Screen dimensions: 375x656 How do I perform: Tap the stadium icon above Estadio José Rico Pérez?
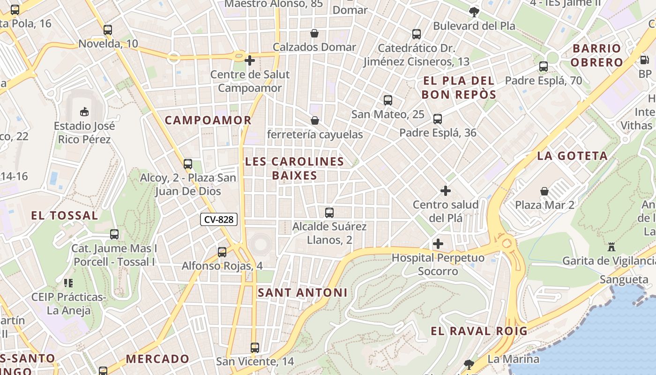pyautogui.click(x=84, y=112)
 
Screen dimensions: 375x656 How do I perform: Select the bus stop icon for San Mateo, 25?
pyautogui.click(x=388, y=100)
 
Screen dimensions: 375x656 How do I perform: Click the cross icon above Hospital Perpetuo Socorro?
pyautogui.click(x=438, y=244)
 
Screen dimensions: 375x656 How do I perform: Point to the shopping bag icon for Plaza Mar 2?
pyautogui.click(x=544, y=191)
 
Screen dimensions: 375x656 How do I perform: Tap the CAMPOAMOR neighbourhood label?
pyautogui.click(x=208, y=120)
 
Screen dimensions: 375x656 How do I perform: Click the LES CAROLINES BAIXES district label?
pyautogui.click(x=294, y=168)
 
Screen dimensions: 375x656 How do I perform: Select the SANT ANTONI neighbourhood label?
pyautogui.click(x=303, y=292)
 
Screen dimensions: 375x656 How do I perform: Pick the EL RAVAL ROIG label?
pyautogui.click(x=479, y=331)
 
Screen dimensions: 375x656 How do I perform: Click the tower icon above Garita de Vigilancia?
pyautogui.click(x=611, y=247)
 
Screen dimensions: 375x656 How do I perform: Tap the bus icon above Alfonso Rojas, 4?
pyautogui.click(x=222, y=252)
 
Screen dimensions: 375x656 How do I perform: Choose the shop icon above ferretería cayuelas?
pyautogui.click(x=315, y=120)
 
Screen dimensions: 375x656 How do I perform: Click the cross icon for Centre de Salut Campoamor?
pyautogui.click(x=250, y=60)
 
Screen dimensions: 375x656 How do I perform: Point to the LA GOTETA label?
pyautogui.click(x=572, y=156)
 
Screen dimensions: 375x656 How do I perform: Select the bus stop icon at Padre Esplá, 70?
pyautogui.click(x=544, y=67)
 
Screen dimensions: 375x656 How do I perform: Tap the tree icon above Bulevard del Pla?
pyautogui.click(x=474, y=12)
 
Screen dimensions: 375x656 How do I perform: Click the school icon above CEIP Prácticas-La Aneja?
pyautogui.click(x=68, y=283)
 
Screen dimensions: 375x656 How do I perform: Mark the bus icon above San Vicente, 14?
pyautogui.click(x=255, y=348)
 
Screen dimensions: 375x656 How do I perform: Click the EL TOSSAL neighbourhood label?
pyautogui.click(x=65, y=216)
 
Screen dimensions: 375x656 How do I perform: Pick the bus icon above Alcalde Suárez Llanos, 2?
pyautogui.click(x=329, y=213)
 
